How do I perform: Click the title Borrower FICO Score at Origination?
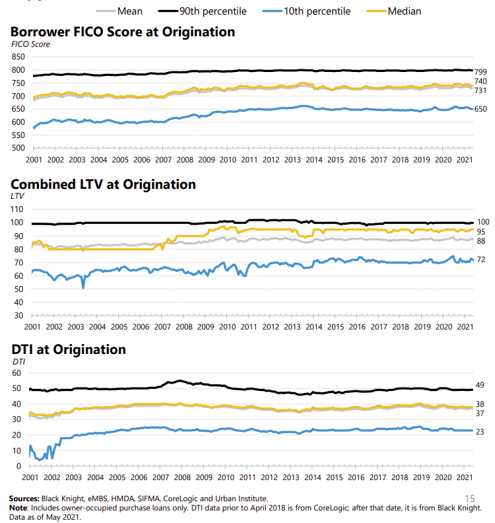[122, 31]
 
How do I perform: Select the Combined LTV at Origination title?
[103, 184]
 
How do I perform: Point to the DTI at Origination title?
[68, 349]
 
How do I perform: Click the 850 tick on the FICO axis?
[18, 57]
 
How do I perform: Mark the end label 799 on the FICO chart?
[480, 71]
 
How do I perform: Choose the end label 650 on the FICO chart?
[480, 109]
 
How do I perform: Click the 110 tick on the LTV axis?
[18, 209]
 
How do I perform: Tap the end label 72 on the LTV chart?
[480, 260]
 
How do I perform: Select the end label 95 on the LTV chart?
[480, 232]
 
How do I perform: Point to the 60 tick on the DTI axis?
[20, 373]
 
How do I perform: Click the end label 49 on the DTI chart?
[480, 385]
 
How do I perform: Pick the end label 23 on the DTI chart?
[480, 431]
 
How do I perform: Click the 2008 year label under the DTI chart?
[182, 477]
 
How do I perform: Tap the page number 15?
[470, 498]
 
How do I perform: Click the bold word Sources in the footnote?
[24, 498]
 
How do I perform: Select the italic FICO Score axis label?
[30, 44]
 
